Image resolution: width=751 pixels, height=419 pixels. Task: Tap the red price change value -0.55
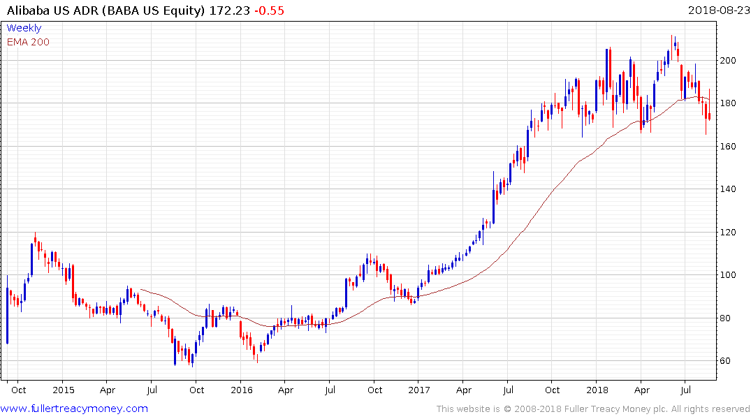(x=270, y=10)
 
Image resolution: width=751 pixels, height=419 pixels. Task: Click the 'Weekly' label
(x=24, y=28)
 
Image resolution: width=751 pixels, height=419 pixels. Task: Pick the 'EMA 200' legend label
(x=28, y=41)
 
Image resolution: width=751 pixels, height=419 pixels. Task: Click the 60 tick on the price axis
(x=728, y=361)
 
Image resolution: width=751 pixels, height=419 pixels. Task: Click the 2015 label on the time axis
(x=63, y=390)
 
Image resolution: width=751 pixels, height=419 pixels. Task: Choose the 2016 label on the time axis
(x=241, y=390)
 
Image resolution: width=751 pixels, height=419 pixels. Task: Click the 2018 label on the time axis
(x=597, y=390)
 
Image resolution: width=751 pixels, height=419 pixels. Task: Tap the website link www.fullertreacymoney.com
(x=75, y=409)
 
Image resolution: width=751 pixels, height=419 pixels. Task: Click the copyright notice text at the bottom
(x=593, y=409)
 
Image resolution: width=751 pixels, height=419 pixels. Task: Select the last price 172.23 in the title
(x=228, y=10)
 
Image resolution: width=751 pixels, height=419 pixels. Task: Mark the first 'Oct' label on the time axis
(x=19, y=390)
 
